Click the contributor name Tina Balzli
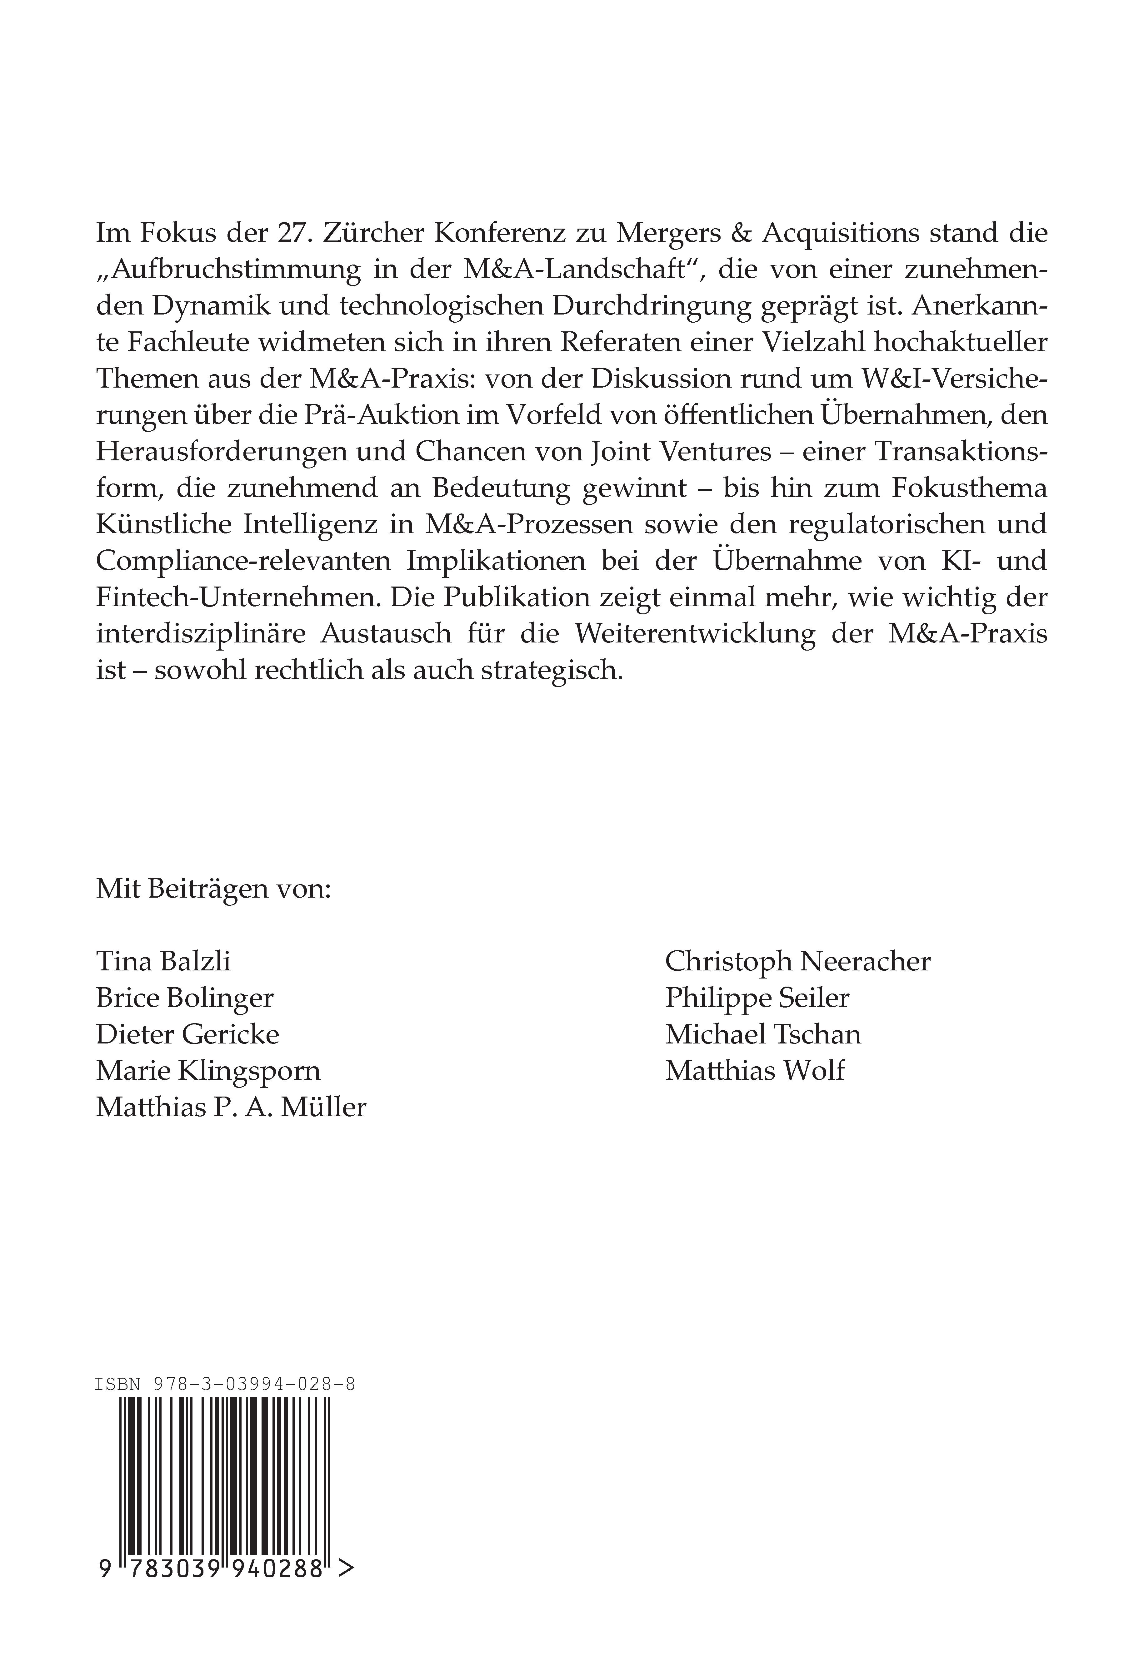163,961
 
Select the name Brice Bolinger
185,998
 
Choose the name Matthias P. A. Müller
231,1107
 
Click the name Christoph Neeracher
797,961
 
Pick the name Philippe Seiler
757,998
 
